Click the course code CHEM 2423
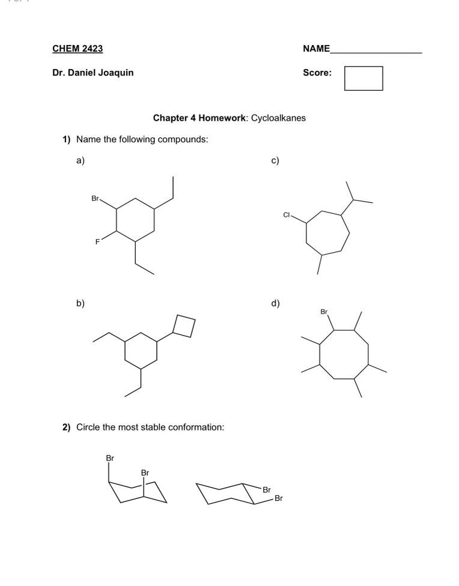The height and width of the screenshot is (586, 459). pyautogui.click(x=77, y=48)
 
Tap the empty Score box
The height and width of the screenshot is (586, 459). pyautogui.click(x=363, y=78)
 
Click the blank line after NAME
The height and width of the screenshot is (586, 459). pyautogui.click(x=376, y=49)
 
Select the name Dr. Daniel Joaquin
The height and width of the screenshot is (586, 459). pyautogui.click(x=93, y=73)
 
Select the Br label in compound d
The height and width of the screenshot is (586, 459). pyautogui.click(x=324, y=312)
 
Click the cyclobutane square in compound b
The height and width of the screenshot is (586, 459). pyautogui.click(x=184, y=325)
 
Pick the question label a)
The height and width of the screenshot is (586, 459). pyautogui.click(x=80, y=160)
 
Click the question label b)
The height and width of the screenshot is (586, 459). pyautogui.click(x=80, y=303)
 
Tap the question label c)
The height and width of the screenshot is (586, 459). pyautogui.click(x=275, y=160)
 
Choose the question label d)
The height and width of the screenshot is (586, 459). pyautogui.click(x=275, y=303)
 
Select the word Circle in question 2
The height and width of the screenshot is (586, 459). pyautogui.click(x=90, y=427)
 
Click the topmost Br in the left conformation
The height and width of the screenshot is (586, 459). pyautogui.click(x=109, y=458)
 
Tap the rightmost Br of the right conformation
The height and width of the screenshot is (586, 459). pyautogui.click(x=278, y=498)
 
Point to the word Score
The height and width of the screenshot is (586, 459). pyautogui.click(x=317, y=73)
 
